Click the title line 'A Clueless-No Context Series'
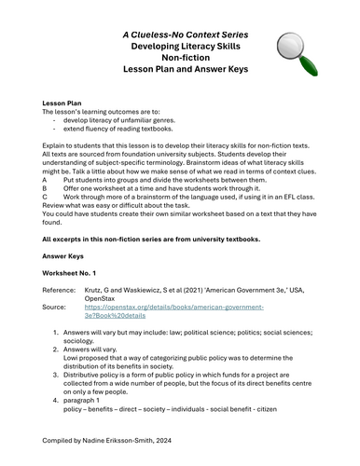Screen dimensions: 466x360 click(180, 34)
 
